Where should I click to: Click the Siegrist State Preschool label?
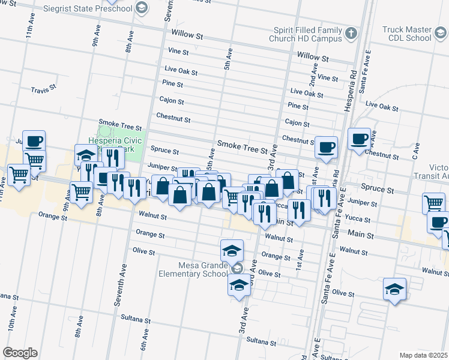pos(90,8)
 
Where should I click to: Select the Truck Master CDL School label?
pos(406,34)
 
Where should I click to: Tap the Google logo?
pos(20,353)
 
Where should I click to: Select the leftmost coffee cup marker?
pos(34,142)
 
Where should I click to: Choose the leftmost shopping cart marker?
pos(19,175)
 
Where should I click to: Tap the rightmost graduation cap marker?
pos(394,290)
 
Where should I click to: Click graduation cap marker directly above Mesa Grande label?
pos(232,250)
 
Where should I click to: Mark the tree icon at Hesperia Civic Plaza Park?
pos(106,130)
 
